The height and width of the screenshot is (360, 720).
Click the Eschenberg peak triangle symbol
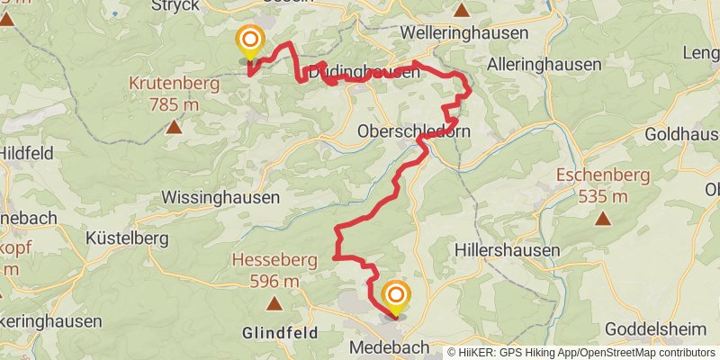coord(601,218)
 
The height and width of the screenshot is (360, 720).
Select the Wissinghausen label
coord(221,196)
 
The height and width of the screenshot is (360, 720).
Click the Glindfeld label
coord(279,332)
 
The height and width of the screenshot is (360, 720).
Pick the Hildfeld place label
coord(27,153)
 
